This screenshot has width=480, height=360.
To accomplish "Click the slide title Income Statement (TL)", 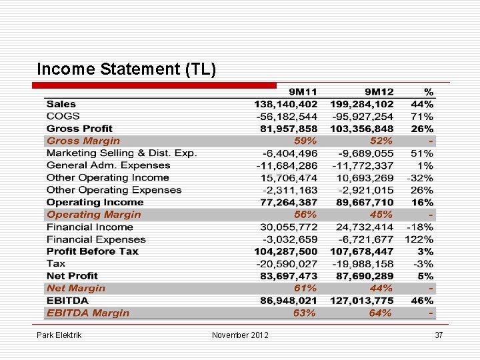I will coord(127,69).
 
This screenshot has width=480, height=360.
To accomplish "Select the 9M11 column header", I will coord(303,91).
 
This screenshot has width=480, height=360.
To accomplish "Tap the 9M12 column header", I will coord(378,91).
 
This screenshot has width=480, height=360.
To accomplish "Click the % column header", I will coord(429,91).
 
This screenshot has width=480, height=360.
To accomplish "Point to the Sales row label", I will coord(61,104).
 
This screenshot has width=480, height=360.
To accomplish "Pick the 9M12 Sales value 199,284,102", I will coord(361,104).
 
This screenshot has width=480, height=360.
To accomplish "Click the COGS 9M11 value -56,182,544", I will coord(287,116).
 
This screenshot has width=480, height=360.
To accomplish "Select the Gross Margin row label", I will coord(83,141).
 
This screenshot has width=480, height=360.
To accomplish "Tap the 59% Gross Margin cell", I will coord(305,141).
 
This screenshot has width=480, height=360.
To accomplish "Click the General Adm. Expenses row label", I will coord(109,165).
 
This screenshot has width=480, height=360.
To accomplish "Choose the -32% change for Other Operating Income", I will coord(420,178).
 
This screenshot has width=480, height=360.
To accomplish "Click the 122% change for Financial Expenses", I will coord(420,239).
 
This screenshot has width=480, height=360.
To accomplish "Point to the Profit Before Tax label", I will coord(93,251).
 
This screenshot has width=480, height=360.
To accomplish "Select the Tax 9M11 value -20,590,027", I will coord(287,264).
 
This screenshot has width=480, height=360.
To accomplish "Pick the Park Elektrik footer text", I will coord(59,335).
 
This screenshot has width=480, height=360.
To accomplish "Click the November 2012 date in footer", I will coord(240,335).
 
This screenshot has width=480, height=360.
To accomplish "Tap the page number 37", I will coord(439,335).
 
